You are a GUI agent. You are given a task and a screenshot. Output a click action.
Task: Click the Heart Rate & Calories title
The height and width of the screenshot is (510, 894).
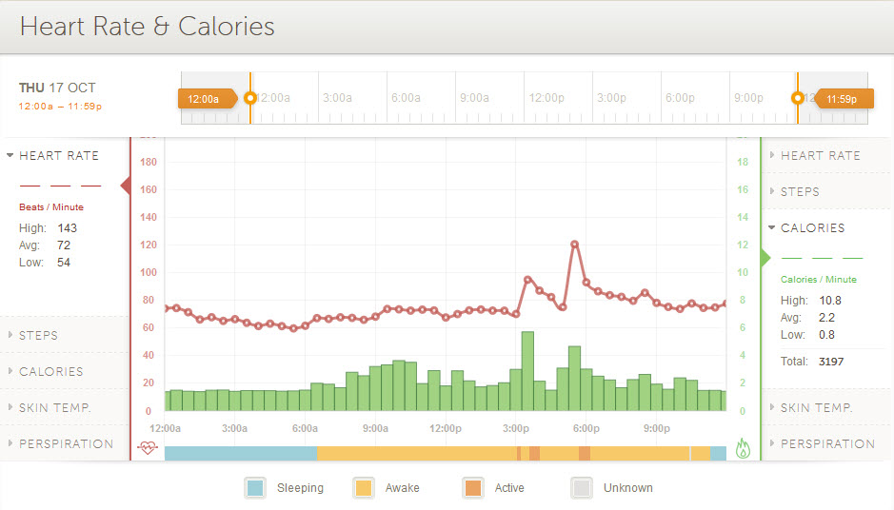147,27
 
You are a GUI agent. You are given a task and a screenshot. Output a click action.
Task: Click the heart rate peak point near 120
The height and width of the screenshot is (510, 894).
575,245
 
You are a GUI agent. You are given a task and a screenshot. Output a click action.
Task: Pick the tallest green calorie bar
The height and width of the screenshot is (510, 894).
527,371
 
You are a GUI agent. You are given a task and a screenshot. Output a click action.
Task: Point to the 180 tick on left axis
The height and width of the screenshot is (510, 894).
148,162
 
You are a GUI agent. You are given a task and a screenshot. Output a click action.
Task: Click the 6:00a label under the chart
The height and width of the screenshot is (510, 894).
305,428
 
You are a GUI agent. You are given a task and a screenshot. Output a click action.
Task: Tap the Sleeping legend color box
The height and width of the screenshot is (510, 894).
254,488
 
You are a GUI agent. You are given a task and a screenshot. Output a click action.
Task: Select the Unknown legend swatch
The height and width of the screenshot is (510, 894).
582,488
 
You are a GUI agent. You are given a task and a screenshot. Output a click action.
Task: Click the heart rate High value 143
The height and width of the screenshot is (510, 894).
67,228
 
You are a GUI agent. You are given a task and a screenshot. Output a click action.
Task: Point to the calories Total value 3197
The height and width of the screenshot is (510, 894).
830,362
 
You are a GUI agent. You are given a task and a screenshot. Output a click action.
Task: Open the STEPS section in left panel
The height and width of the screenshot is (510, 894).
38,335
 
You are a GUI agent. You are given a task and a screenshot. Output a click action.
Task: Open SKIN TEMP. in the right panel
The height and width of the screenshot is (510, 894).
816,407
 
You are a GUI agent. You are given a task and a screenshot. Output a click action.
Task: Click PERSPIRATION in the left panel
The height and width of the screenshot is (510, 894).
66,443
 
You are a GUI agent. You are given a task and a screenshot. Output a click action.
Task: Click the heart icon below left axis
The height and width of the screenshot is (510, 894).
147,448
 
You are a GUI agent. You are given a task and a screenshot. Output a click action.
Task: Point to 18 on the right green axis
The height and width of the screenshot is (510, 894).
743,162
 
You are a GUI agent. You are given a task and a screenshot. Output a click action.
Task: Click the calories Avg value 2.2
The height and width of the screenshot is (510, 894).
826,318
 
